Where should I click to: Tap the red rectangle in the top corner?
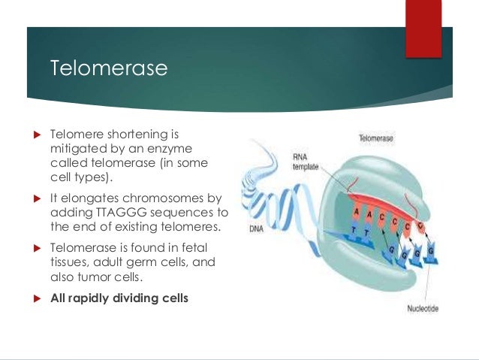[x=423, y=28]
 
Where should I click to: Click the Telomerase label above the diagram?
[x=375, y=139]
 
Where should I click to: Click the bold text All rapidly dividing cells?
[x=119, y=298]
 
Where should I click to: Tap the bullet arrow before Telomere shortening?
[x=34, y=136]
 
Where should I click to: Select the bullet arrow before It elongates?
[x=34, y=199]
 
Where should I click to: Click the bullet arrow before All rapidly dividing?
[x=34, y=298]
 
